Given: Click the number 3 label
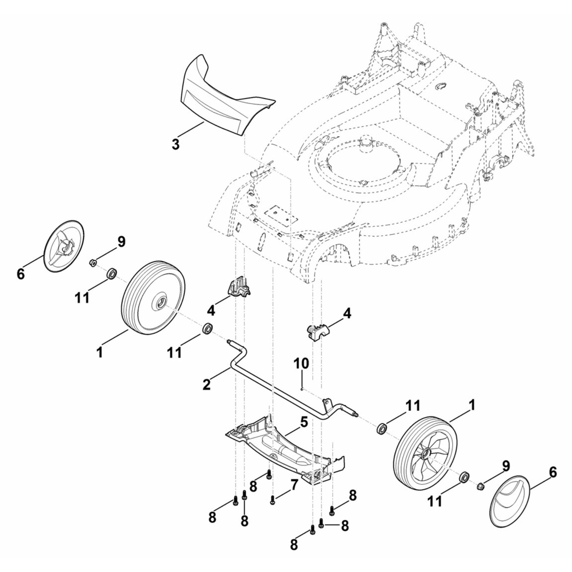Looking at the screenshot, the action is point(176,144).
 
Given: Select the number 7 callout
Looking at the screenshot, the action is point(294,484).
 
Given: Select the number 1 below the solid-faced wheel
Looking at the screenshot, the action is point(100,352).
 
